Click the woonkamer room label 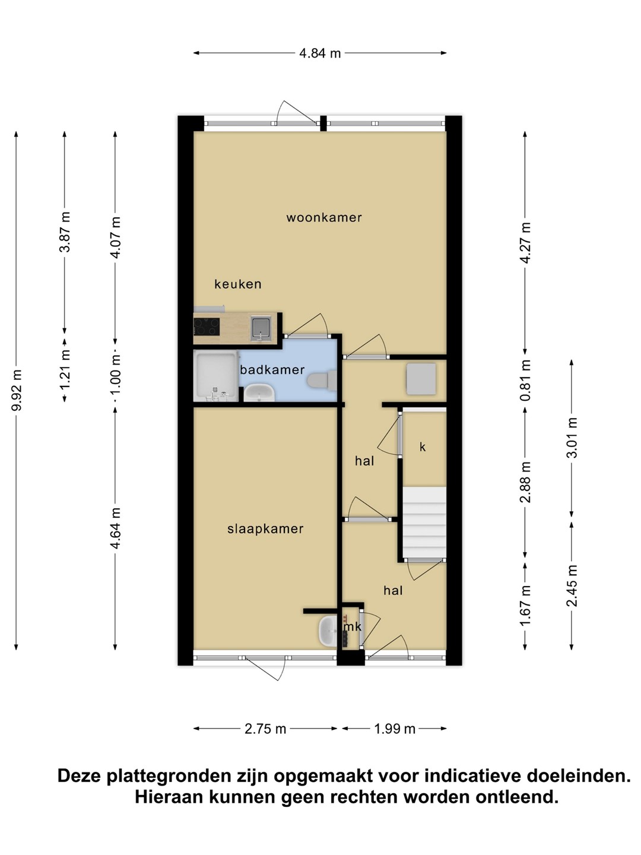tap(324, 217)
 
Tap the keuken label tap(238, 284)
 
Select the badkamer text tap(272, 370)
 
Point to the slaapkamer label tap(265, 528)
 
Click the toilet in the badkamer tap(322, 380)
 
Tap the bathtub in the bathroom tap(216, 376)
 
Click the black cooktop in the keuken tap(207, 327)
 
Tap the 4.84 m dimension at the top tap(320, 53)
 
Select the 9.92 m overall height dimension tap(17, 390)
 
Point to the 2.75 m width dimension tap(265, 729)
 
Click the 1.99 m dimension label tap(395, 729)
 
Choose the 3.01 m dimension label tap(572, 438)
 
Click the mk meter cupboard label tap(353, 627)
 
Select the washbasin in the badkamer tap(260, 392)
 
